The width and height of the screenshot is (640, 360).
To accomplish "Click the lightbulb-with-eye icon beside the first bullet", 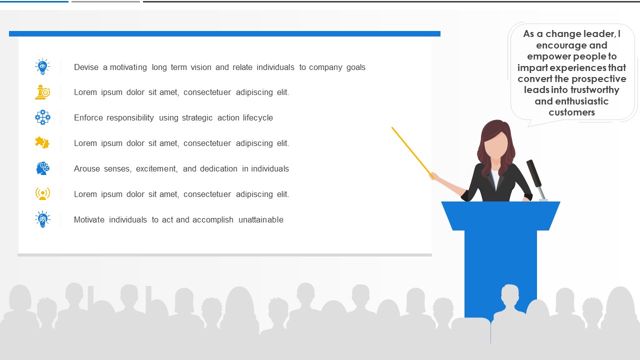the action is click(42, 66).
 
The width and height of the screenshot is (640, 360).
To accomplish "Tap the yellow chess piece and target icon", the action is click(42, 92).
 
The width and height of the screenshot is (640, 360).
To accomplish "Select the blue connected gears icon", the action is click(42, 117).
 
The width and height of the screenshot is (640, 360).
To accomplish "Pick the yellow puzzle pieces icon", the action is click(42, 142).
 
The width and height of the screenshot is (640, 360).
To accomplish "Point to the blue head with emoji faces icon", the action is click(42, 168).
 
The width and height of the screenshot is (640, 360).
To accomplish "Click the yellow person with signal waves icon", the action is click(42, 193).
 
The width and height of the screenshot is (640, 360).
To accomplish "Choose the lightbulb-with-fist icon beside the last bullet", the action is click(42, 219).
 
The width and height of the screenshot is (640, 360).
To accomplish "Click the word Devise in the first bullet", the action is click(86, 67).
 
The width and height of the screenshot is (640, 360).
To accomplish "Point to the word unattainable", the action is click(261, 219).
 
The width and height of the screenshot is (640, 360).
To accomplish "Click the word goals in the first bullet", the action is click(355, 67).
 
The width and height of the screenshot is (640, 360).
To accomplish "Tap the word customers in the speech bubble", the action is click(571, 112).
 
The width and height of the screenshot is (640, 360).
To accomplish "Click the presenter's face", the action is click(497, 144).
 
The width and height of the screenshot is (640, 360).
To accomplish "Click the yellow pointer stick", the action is click(413, 153).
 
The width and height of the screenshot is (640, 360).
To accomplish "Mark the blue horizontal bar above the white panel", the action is click(224, 33).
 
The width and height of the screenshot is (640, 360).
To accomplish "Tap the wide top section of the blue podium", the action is click(500, 215).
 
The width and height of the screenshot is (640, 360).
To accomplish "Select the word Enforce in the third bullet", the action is click(88, 117).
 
